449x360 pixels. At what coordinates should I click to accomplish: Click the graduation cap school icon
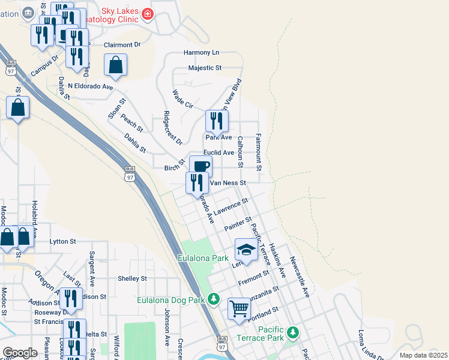point(246,248)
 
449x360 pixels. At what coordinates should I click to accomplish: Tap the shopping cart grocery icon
point(240,308)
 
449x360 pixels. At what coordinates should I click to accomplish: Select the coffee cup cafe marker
point(201,166)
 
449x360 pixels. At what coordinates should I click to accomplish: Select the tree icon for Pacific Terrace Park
point(292,332)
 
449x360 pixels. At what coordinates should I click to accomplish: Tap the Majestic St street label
point(205,68)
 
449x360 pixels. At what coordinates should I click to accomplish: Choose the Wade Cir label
point(182,99)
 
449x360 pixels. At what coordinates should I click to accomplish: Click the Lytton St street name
point(63,241)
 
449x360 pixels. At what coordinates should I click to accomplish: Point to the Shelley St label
point(132,278)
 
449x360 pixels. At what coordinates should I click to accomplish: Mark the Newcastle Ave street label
point(299,277)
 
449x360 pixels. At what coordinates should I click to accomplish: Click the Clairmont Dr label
point(122,44)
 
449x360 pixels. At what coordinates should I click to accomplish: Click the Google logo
point(20,353)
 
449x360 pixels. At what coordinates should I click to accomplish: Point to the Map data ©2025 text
point(423,355)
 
